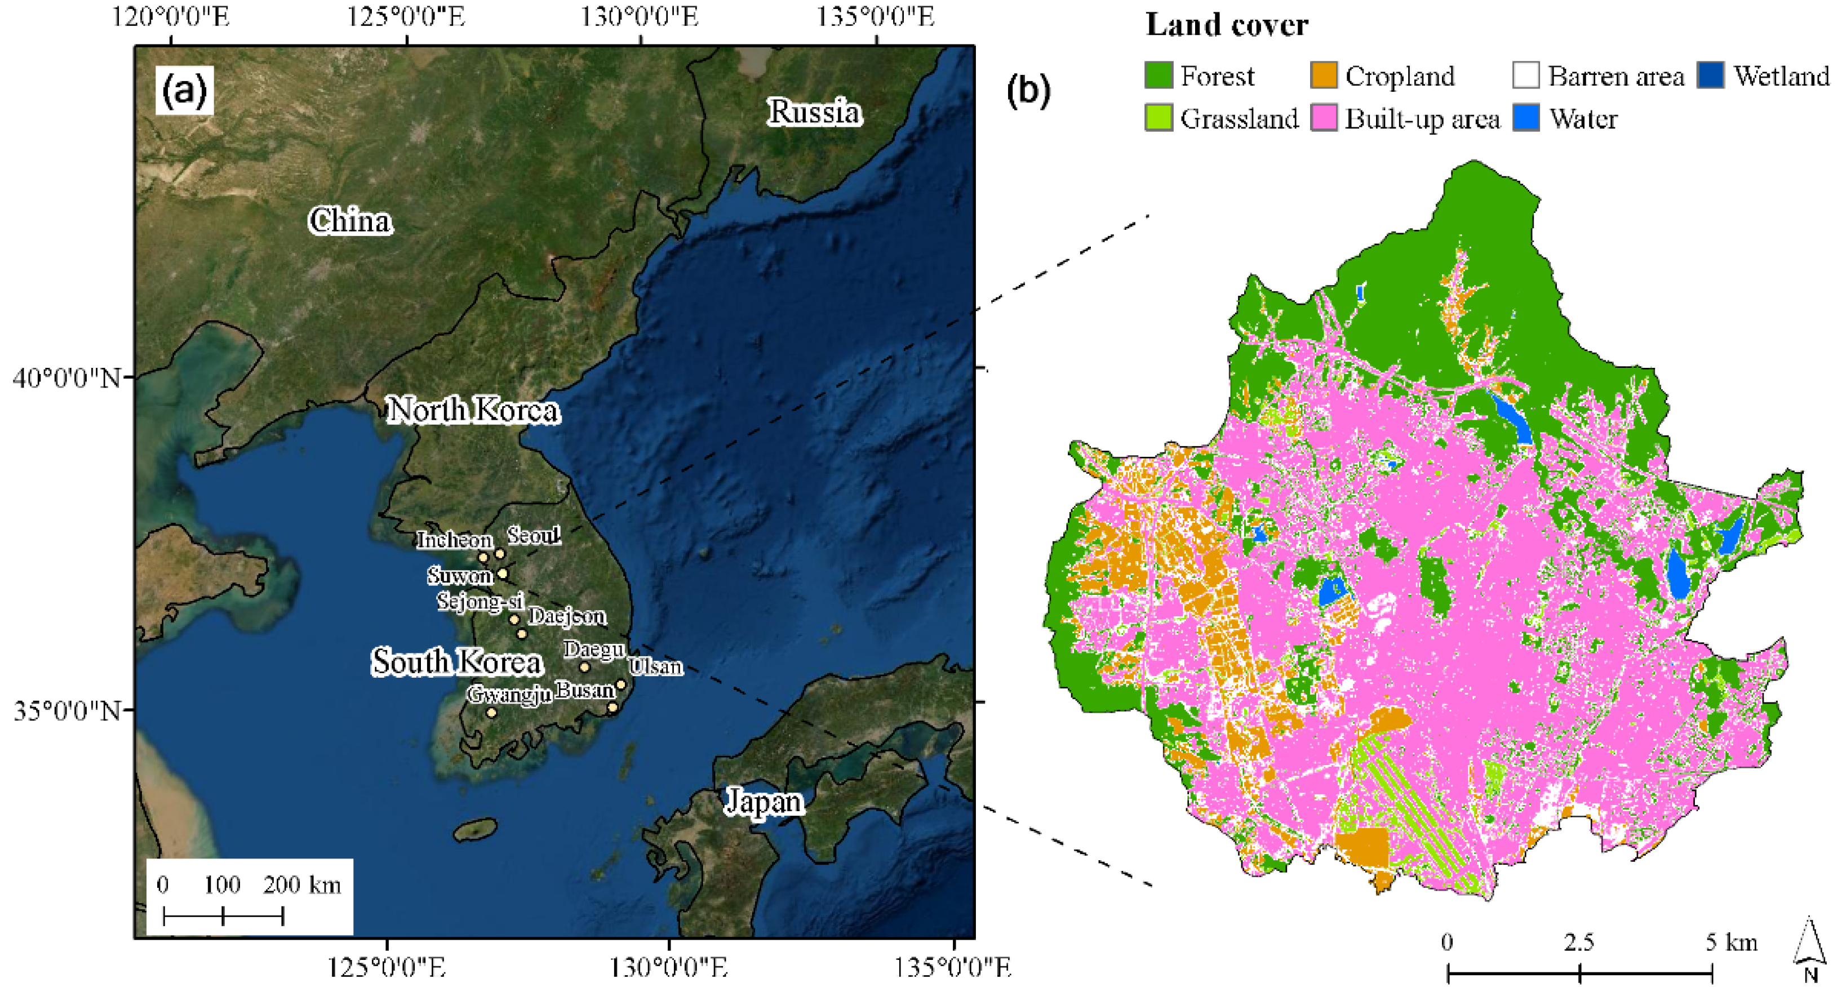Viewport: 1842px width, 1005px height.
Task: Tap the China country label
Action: [350, 221]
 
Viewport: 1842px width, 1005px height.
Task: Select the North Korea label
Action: [473, 410]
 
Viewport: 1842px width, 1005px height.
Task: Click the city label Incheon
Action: [455, 540]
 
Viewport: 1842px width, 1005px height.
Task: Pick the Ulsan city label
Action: [656, 666]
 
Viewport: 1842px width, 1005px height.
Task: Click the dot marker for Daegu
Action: [584, 668]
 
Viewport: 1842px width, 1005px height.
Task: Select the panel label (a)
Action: [184, 91]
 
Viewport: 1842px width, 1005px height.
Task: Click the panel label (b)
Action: [1028, 90]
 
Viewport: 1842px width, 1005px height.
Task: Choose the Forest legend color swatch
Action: [1159, 75]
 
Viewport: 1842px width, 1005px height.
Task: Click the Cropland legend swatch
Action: [1324, 75]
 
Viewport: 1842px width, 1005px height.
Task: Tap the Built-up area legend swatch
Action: [1324, 118]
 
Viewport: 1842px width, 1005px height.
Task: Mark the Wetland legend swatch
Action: [1711, 75]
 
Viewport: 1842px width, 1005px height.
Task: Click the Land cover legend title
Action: [1227, 25]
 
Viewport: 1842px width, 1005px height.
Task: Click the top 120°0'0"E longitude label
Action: [171, 16]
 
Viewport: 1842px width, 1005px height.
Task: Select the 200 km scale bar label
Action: [302, 885]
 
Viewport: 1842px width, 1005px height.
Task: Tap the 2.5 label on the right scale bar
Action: [1578, 942]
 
